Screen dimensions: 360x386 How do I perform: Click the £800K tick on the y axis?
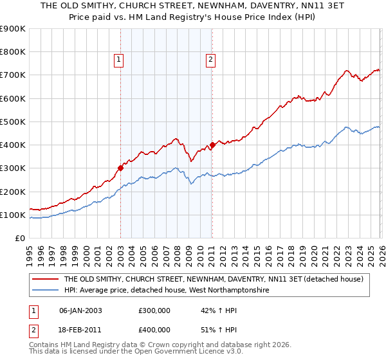pyautogui.click(x=13, y=52)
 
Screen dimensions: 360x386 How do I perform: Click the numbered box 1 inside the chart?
pyautogui.click(x=120, y=60)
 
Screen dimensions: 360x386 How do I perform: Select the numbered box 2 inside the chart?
pyautogui.click(x=210, y=60)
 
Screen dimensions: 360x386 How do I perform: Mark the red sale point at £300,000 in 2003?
pyautogui.click(x=120, y=168)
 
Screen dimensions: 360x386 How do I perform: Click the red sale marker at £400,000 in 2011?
pyautogui.click(x=212, y=145)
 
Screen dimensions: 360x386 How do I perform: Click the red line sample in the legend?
pyautogui.click(x=45, y=279)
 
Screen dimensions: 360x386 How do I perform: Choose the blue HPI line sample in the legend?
pyautogui.click(x=45, y=291)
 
